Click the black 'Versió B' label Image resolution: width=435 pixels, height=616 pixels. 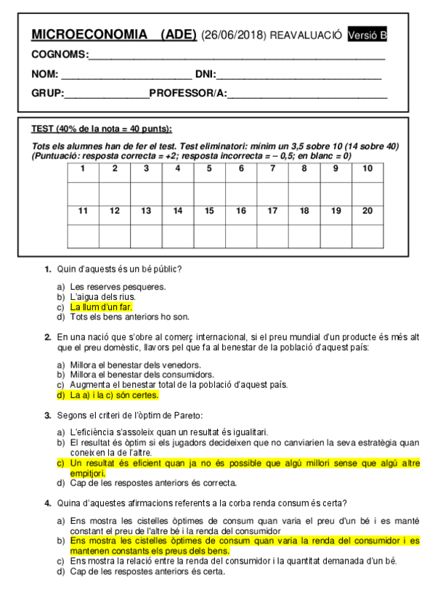pos(367,35)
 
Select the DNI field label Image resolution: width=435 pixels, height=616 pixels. pos(206,74)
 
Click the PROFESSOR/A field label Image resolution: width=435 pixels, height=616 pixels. pos(188,93)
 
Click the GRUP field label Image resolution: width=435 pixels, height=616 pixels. pos(47,93)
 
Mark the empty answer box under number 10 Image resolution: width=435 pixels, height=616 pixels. pos(367,192)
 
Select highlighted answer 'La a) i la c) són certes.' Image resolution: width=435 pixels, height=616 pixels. pos(114,396)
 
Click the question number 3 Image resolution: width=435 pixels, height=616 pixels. pos(47,416)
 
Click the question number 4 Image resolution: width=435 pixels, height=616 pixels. pos(47,503)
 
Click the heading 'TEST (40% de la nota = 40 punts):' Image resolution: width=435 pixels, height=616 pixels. pos(102,129)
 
